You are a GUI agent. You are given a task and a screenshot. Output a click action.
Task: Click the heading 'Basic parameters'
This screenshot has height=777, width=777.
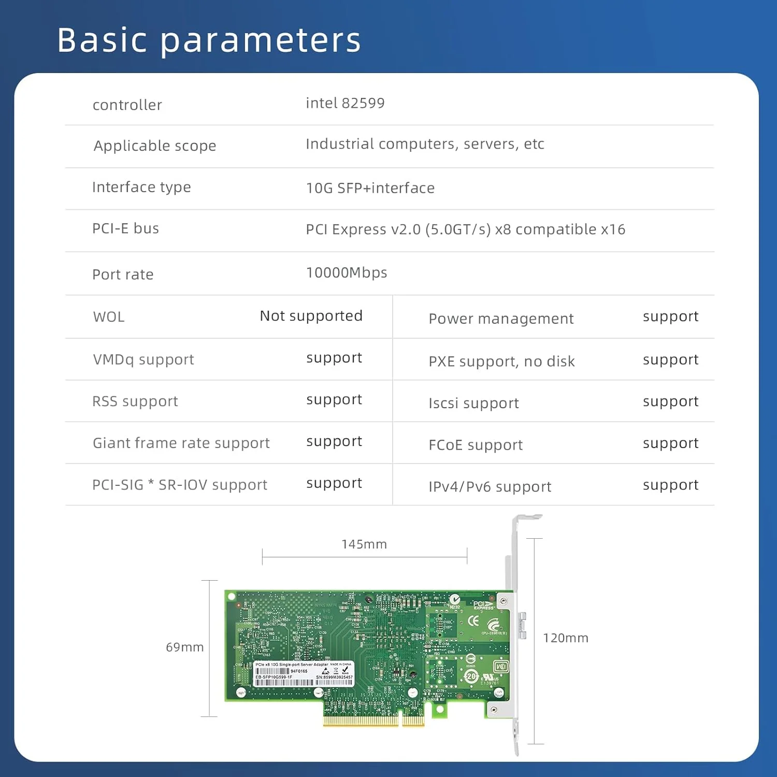point(209,40)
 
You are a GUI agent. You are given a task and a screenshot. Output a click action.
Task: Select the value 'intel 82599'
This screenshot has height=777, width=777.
point(345,103)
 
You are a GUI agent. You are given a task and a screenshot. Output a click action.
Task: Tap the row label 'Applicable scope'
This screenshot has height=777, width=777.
point(154,146)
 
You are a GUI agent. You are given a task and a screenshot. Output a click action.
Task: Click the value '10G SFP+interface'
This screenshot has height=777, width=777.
point(370,188)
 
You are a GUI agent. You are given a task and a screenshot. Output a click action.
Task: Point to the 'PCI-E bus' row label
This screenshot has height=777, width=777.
point(125,228)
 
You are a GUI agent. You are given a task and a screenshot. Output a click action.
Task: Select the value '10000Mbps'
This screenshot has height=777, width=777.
point(346,272)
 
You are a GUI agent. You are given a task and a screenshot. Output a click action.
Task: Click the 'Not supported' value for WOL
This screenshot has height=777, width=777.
point(311,316)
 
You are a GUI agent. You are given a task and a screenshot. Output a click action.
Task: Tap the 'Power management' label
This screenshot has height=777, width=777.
point(501,319)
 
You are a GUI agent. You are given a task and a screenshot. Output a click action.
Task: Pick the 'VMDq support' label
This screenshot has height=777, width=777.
point(143,359)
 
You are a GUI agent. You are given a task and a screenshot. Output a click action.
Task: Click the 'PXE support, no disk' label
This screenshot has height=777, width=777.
point(501,361)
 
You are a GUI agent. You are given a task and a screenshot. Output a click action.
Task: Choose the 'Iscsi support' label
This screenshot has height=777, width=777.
point(473,403)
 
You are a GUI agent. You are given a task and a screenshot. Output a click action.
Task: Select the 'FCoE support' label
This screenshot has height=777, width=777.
point(476,445)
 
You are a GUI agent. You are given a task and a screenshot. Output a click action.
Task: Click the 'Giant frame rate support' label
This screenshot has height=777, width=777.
point(181,443)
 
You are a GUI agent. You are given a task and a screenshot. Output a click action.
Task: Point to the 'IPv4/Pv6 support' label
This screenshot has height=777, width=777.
point(490,487)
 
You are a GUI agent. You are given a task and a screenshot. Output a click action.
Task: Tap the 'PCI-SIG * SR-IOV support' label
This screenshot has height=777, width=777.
point(179,485)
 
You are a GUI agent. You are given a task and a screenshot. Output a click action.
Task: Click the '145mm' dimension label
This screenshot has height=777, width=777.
point(364,544)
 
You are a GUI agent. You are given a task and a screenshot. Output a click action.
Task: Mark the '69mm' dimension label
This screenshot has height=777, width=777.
point(184,647)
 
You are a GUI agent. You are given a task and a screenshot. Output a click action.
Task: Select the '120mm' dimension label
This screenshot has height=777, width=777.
point(565,638)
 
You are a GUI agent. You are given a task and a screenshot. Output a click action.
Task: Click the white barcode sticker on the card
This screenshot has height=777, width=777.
point(304,674)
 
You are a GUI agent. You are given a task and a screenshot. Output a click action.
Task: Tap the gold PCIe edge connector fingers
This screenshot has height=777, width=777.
point(373,720)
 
